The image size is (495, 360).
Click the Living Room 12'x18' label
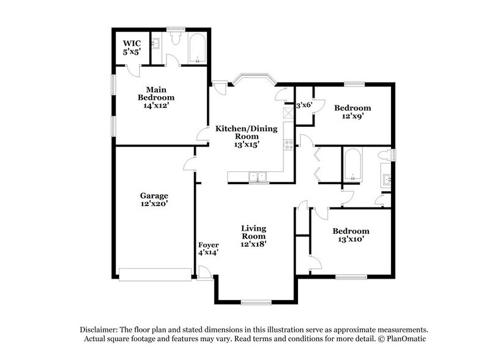253,236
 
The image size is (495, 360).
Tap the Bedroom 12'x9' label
352,113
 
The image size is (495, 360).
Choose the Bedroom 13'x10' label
351,235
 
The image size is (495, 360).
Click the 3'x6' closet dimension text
304,105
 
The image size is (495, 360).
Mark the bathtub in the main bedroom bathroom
196,50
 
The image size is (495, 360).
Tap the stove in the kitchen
289,145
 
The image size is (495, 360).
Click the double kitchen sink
259,177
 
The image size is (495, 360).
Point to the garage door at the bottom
155,274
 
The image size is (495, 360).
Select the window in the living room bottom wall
256,302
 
